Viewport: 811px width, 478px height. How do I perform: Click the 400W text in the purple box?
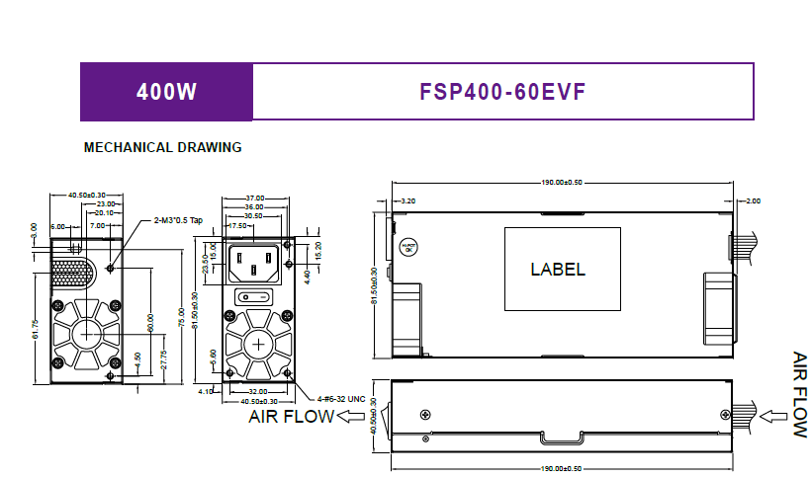click(x=166, y=92)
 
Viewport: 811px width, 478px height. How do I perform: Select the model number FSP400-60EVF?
click(x=502, y=92)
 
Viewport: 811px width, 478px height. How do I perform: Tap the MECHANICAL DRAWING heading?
click(x=163, y=148)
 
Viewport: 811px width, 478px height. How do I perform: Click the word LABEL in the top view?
click(x=557, y=269)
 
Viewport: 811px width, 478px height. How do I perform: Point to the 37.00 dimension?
click(x=254, y=199)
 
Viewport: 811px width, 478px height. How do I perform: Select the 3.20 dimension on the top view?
click(x=408, y=200)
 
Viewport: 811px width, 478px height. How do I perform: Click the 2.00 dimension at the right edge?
click(x=753, y=200)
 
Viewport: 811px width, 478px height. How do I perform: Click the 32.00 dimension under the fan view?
click(x=257, y=392)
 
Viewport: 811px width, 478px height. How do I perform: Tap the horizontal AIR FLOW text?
click(x=291, y=416)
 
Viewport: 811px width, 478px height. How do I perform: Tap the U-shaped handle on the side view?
click(x=559, y=437)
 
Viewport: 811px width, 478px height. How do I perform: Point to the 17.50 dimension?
click(x=238, y=225)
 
